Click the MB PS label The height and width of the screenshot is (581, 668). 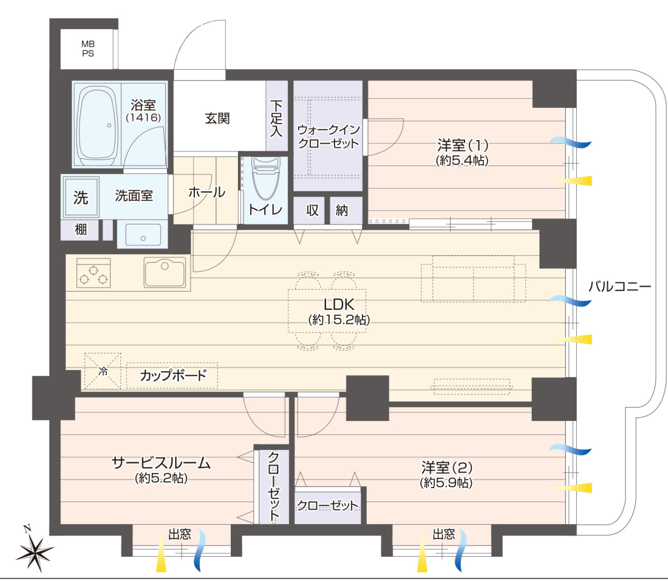click(88, 49)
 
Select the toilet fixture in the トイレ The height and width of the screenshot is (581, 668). click(266, 178)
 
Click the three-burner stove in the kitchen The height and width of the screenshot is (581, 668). click(94, 273)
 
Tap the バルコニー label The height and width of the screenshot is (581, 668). click(620, 287)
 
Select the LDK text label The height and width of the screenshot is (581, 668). click(339, 304)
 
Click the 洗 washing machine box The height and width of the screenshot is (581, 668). click(81, 197)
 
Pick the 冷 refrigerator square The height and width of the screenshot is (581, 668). click(103, 371)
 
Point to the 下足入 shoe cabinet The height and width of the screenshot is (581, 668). click(276, 115)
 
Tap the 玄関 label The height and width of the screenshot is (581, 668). click(217, 118)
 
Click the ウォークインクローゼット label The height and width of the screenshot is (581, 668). click(329, 136)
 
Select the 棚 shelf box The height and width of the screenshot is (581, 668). click(80, 230)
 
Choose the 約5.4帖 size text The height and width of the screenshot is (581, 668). click(462, 160)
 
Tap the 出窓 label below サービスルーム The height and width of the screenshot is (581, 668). click(180, 534)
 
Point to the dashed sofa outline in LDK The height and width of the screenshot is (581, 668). click(473, 278)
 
